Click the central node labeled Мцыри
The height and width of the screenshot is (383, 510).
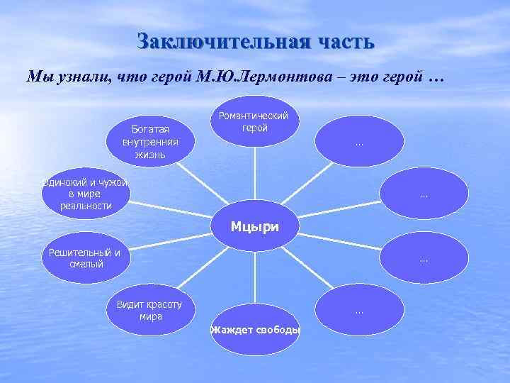(255, 227)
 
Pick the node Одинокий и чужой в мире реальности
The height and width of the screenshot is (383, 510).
(85, 194)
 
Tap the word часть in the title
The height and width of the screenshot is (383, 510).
(336, 40)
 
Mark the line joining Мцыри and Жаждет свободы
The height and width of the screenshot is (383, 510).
(255, 277)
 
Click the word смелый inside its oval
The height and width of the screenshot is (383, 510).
(86, 265)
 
